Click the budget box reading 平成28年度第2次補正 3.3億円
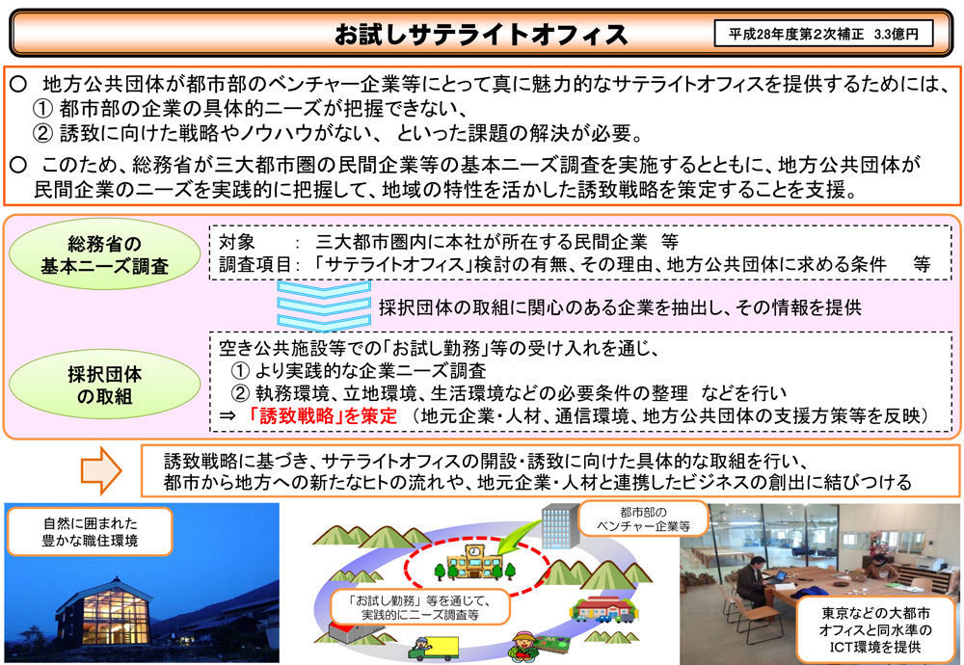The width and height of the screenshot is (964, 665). [823, 34]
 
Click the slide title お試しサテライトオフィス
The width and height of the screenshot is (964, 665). [481, 35]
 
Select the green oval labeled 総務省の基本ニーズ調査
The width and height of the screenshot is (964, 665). [104, 254]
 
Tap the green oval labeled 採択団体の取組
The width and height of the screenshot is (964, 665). [104, 385]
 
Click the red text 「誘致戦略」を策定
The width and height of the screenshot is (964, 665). [322, 416]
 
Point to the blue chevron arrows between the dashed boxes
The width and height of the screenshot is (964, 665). [324, 306]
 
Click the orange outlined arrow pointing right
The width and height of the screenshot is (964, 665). [101, 470]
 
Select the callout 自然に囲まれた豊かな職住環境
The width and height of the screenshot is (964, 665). [90, 532]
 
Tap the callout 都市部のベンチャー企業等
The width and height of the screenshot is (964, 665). [643, 519]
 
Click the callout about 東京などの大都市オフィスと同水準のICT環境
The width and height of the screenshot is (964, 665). [875, 629]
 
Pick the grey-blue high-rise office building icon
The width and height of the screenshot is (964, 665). [560, 525]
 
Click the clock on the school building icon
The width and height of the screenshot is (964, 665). [474, 551]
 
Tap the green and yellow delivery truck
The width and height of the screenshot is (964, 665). [434, 649]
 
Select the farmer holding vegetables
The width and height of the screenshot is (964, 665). [524, 648]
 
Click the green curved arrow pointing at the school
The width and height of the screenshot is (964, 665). [518, 535]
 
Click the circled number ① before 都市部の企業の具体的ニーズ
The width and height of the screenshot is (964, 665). [42, 109]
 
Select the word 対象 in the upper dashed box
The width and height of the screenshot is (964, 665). [237, 242]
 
